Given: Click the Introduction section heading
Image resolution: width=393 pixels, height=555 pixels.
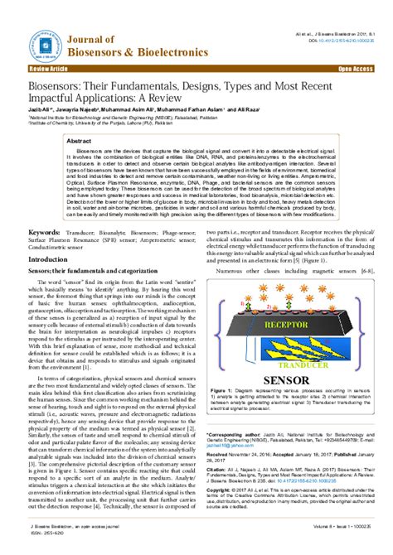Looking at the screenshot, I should [x=48, y=259].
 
